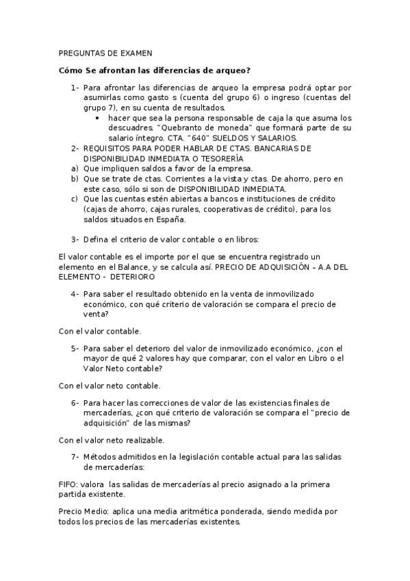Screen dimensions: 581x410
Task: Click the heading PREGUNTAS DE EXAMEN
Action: tap(106, 53)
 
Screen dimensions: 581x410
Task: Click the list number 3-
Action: tap(75, 239)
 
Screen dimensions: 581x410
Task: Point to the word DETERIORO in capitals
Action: tap(131, 277)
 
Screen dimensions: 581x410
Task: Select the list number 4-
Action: tap(75, 293)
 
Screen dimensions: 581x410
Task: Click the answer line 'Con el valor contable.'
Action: tap(100, 331)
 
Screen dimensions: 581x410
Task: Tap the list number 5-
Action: tap(75, 347)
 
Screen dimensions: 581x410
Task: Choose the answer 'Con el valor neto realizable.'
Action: tap(112, 439)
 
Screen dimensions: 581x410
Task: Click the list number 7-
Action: tap(75, 456)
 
